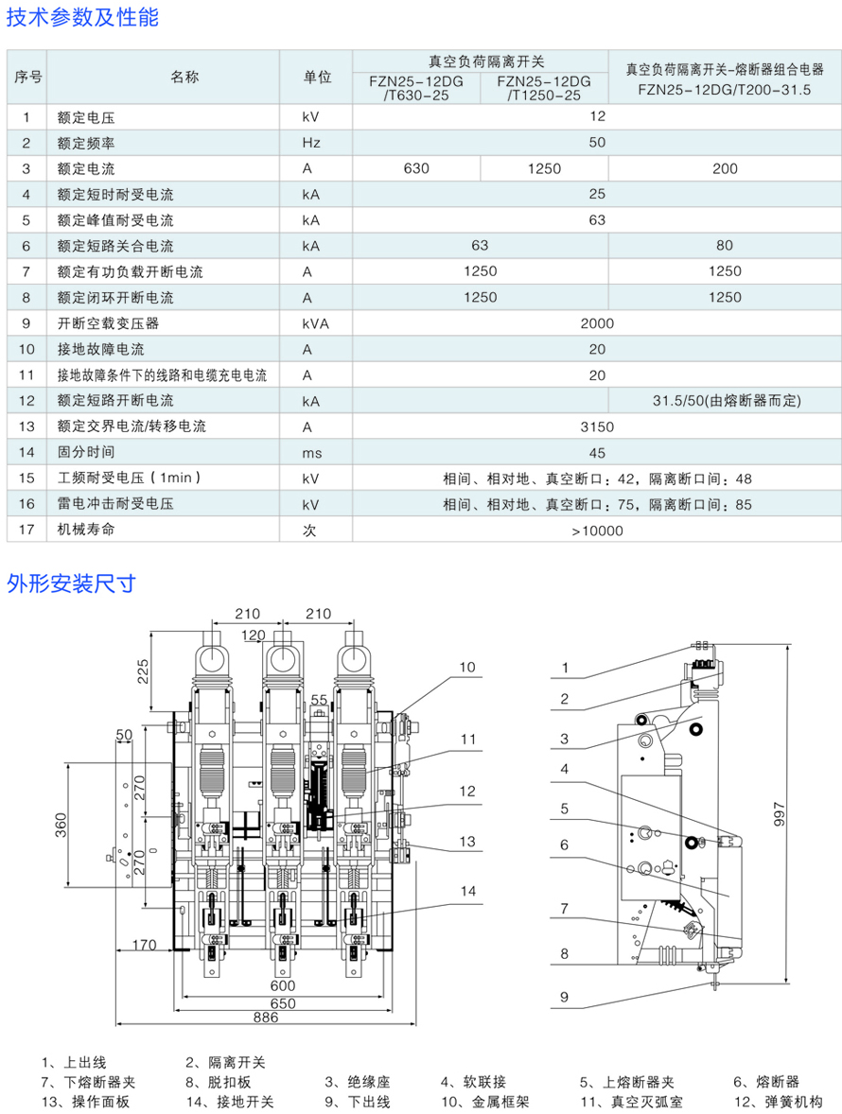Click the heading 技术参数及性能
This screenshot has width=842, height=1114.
click(x=83, y=17)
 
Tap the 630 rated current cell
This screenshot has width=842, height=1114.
click(x=416, y=168)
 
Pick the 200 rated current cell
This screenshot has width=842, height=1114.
click(x=725, y=168)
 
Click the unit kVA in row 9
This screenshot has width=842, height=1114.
click(x=316, y=323)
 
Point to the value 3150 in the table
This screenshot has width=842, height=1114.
click(x=597, y=426)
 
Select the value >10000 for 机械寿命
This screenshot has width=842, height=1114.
click(x=597, y=531)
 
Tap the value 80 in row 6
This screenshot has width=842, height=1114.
click(x=725, y=246)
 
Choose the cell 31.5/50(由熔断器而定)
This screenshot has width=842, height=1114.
click(x=725, y=401)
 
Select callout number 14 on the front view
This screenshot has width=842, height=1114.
click(x=468, y=891)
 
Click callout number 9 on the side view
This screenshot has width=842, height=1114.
click(x=564, y=996)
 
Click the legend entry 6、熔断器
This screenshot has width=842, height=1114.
click(x=765, y=1082)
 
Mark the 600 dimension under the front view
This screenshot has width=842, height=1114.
click(x=283, y=985)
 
